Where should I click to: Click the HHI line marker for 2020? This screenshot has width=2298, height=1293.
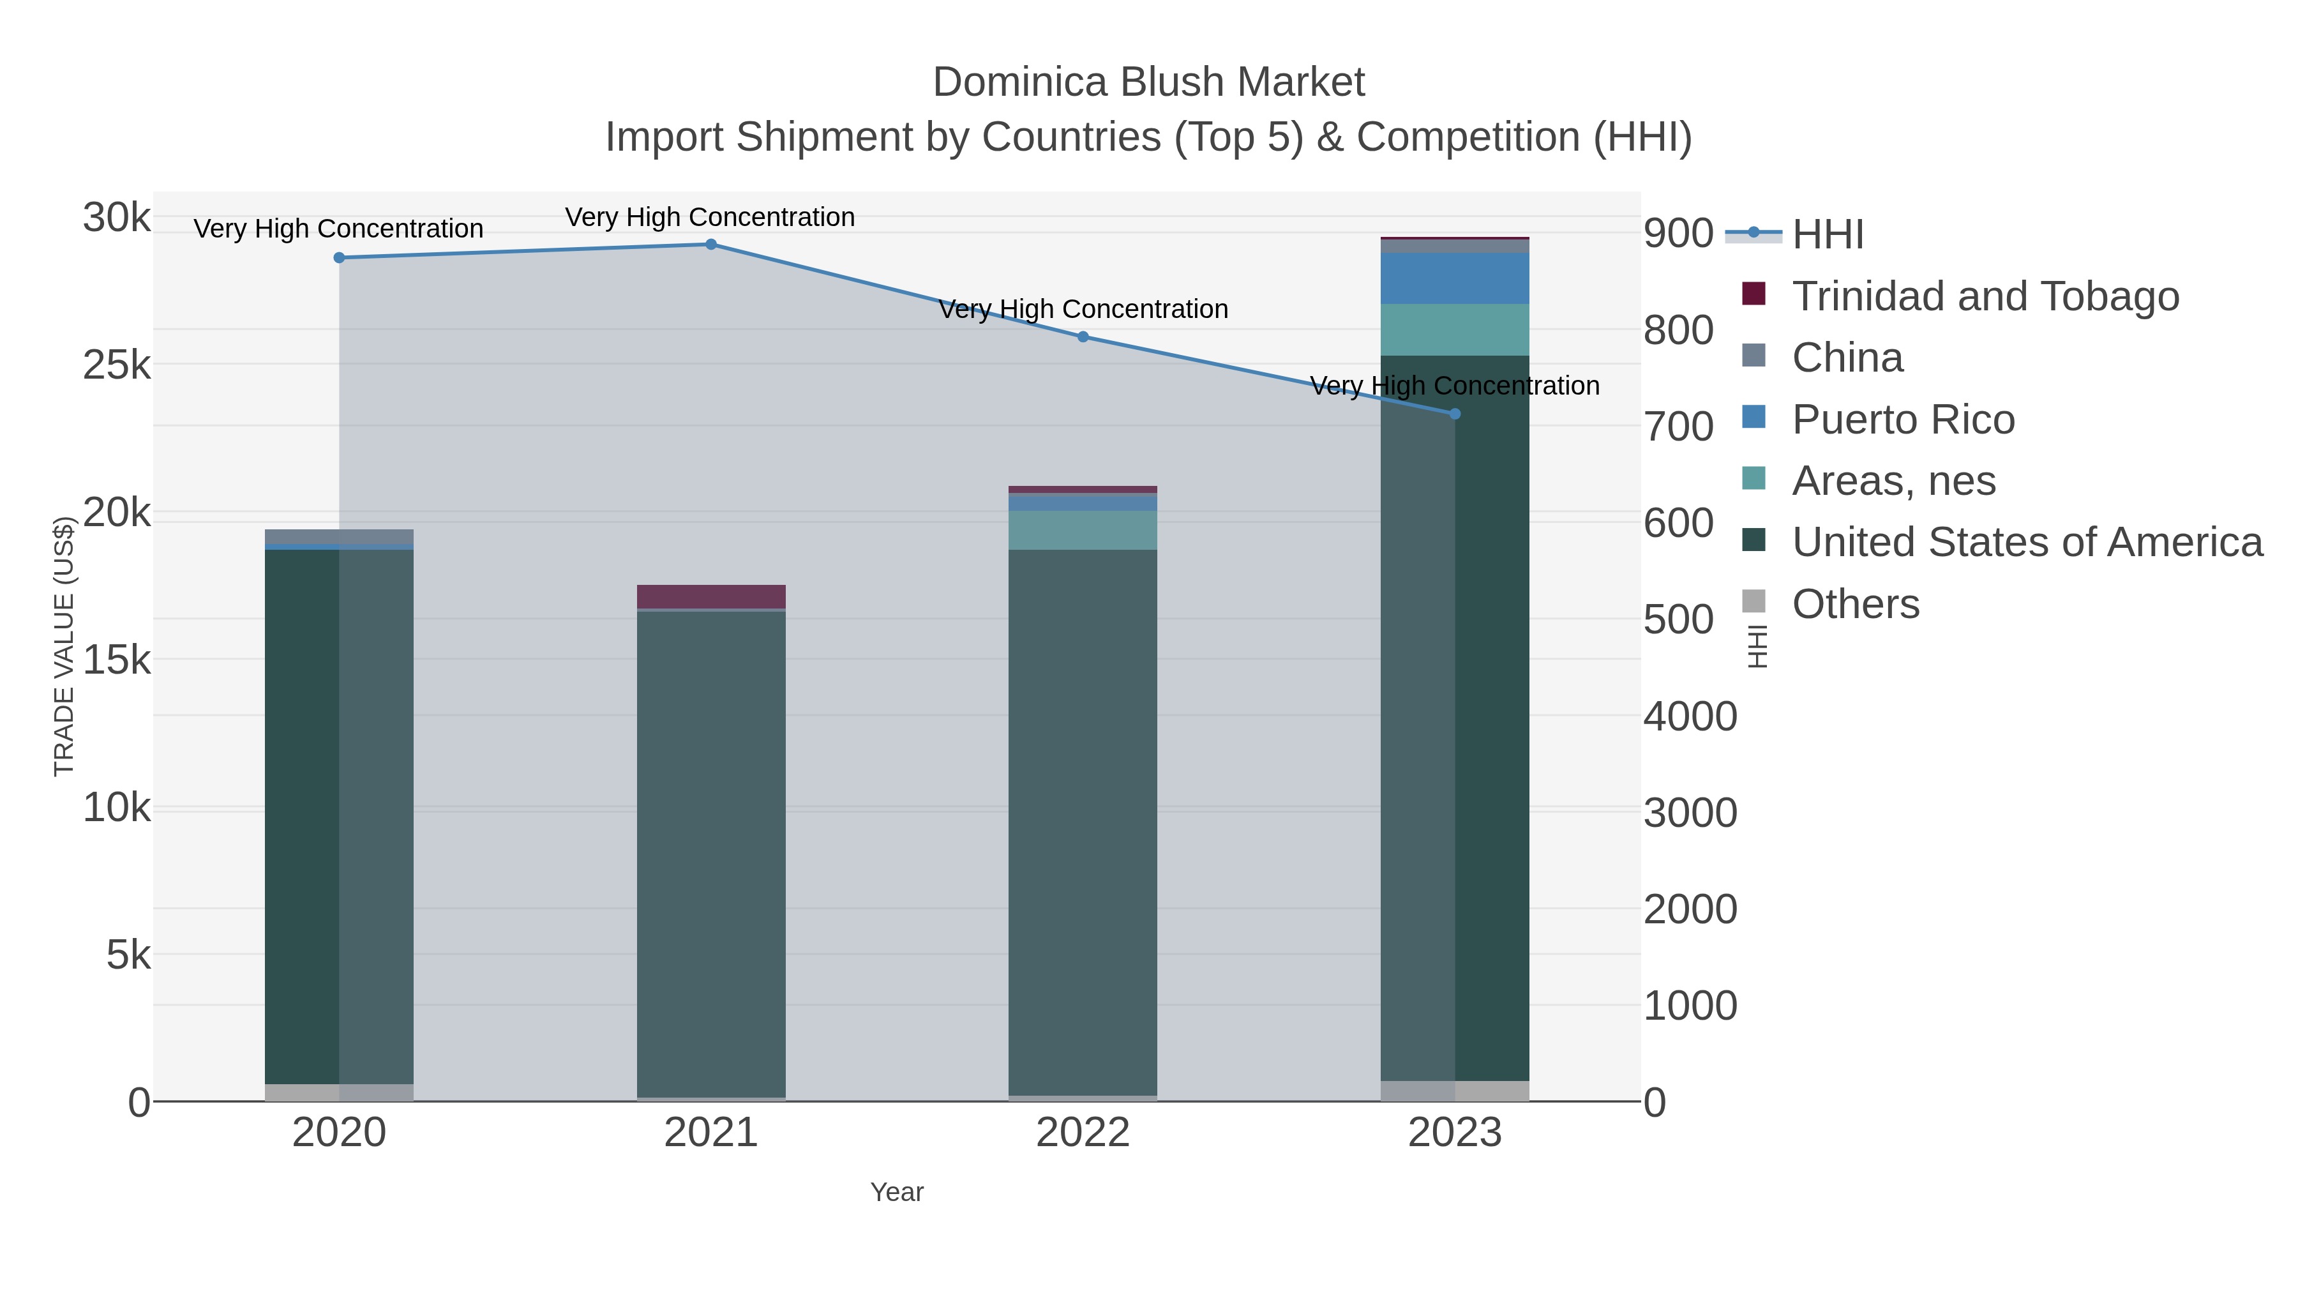[x=339, y=258]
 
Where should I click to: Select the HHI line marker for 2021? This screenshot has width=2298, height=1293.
[x=711, y=245]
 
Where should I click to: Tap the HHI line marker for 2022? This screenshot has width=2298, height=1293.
[x=1083, y=336]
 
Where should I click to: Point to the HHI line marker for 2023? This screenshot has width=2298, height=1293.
[x=1455, y=414]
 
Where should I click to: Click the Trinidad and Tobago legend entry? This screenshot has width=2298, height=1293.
[x=1985, y=296]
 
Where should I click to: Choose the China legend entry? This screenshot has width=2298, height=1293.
[x=1847, y=358]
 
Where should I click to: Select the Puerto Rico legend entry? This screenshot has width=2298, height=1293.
[x=1903, y=420]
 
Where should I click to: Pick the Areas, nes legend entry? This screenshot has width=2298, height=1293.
[x=1893, y=481]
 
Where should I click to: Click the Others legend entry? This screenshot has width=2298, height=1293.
[x=1856, y=604]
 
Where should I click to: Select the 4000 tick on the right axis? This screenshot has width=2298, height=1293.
[x=1690, y=716]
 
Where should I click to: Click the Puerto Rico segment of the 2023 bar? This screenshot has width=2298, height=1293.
[x=1455, y=278]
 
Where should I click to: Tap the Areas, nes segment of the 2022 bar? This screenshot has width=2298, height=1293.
[x=1083, y=530]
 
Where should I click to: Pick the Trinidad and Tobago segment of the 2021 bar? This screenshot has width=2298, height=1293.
[x=711, y=596]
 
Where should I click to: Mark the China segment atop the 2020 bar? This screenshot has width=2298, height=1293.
[x=339, y=536]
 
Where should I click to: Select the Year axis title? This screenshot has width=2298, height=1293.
[x=897, y=1192]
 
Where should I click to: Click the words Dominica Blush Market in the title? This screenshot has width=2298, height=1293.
[x=1148, y=82]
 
